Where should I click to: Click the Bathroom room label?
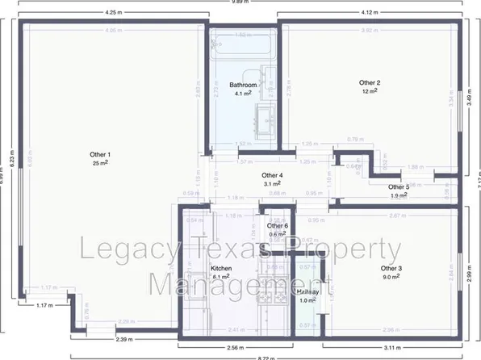pos(243,85)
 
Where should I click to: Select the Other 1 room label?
pos(100,154)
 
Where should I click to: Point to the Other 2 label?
pos(370,82)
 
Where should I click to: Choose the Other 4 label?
pos(272,175)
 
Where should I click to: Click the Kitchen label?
pos(221,268)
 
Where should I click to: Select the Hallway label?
pos(307,292)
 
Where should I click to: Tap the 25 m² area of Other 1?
pos(100,163)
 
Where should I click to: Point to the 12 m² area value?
pos(370,91)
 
